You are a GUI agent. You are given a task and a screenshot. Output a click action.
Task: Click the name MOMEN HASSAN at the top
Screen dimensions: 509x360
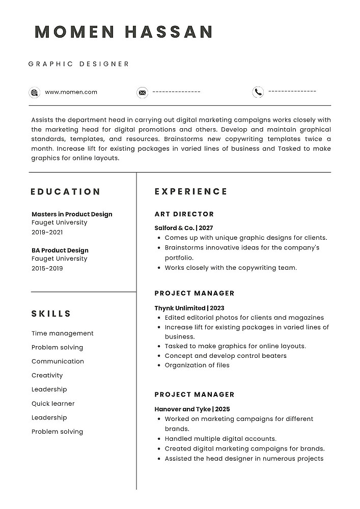tap(124, 32)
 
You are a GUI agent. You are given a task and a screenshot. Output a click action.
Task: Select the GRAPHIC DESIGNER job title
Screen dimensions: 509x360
tap(79, 64)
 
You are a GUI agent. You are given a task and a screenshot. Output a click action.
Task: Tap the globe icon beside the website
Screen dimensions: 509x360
tap(35, 93)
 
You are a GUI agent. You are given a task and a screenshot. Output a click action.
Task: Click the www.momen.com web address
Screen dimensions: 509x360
tap(71, 92)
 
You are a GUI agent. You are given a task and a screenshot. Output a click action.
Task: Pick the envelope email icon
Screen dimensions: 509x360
tap(142, 93)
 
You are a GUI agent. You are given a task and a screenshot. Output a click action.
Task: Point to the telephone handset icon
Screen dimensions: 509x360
tap(258, 92)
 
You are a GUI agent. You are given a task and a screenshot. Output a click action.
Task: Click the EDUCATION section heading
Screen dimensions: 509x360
tap(66, 192)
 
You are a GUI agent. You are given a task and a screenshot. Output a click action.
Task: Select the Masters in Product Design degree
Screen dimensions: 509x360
tap(72, 214)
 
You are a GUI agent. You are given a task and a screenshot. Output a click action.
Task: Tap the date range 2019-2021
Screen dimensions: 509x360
tap(47, 232)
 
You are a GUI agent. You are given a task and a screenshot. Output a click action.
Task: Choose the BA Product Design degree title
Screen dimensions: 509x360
tap(60, 250)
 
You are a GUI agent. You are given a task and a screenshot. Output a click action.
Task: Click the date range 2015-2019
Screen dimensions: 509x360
tap(47, 268)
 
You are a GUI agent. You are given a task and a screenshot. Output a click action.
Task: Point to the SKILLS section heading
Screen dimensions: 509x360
tap(51, 314)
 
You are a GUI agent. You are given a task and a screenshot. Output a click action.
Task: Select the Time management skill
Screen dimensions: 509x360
tap(63, 333)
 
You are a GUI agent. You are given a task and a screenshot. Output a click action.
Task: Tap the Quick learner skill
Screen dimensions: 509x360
tap(53, 404)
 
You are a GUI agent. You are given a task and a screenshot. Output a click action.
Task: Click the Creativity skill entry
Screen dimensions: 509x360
tap(47, 376)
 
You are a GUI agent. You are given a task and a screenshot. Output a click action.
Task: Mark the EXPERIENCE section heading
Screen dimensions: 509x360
tap(191, 192)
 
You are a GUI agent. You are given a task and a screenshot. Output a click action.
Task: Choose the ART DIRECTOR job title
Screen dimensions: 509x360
tap(184, 214)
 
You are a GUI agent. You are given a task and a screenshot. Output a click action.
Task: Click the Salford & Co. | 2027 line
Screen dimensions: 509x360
tap(184, 228)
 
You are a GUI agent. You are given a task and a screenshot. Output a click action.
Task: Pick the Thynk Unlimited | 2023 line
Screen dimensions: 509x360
tap(189, 308)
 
